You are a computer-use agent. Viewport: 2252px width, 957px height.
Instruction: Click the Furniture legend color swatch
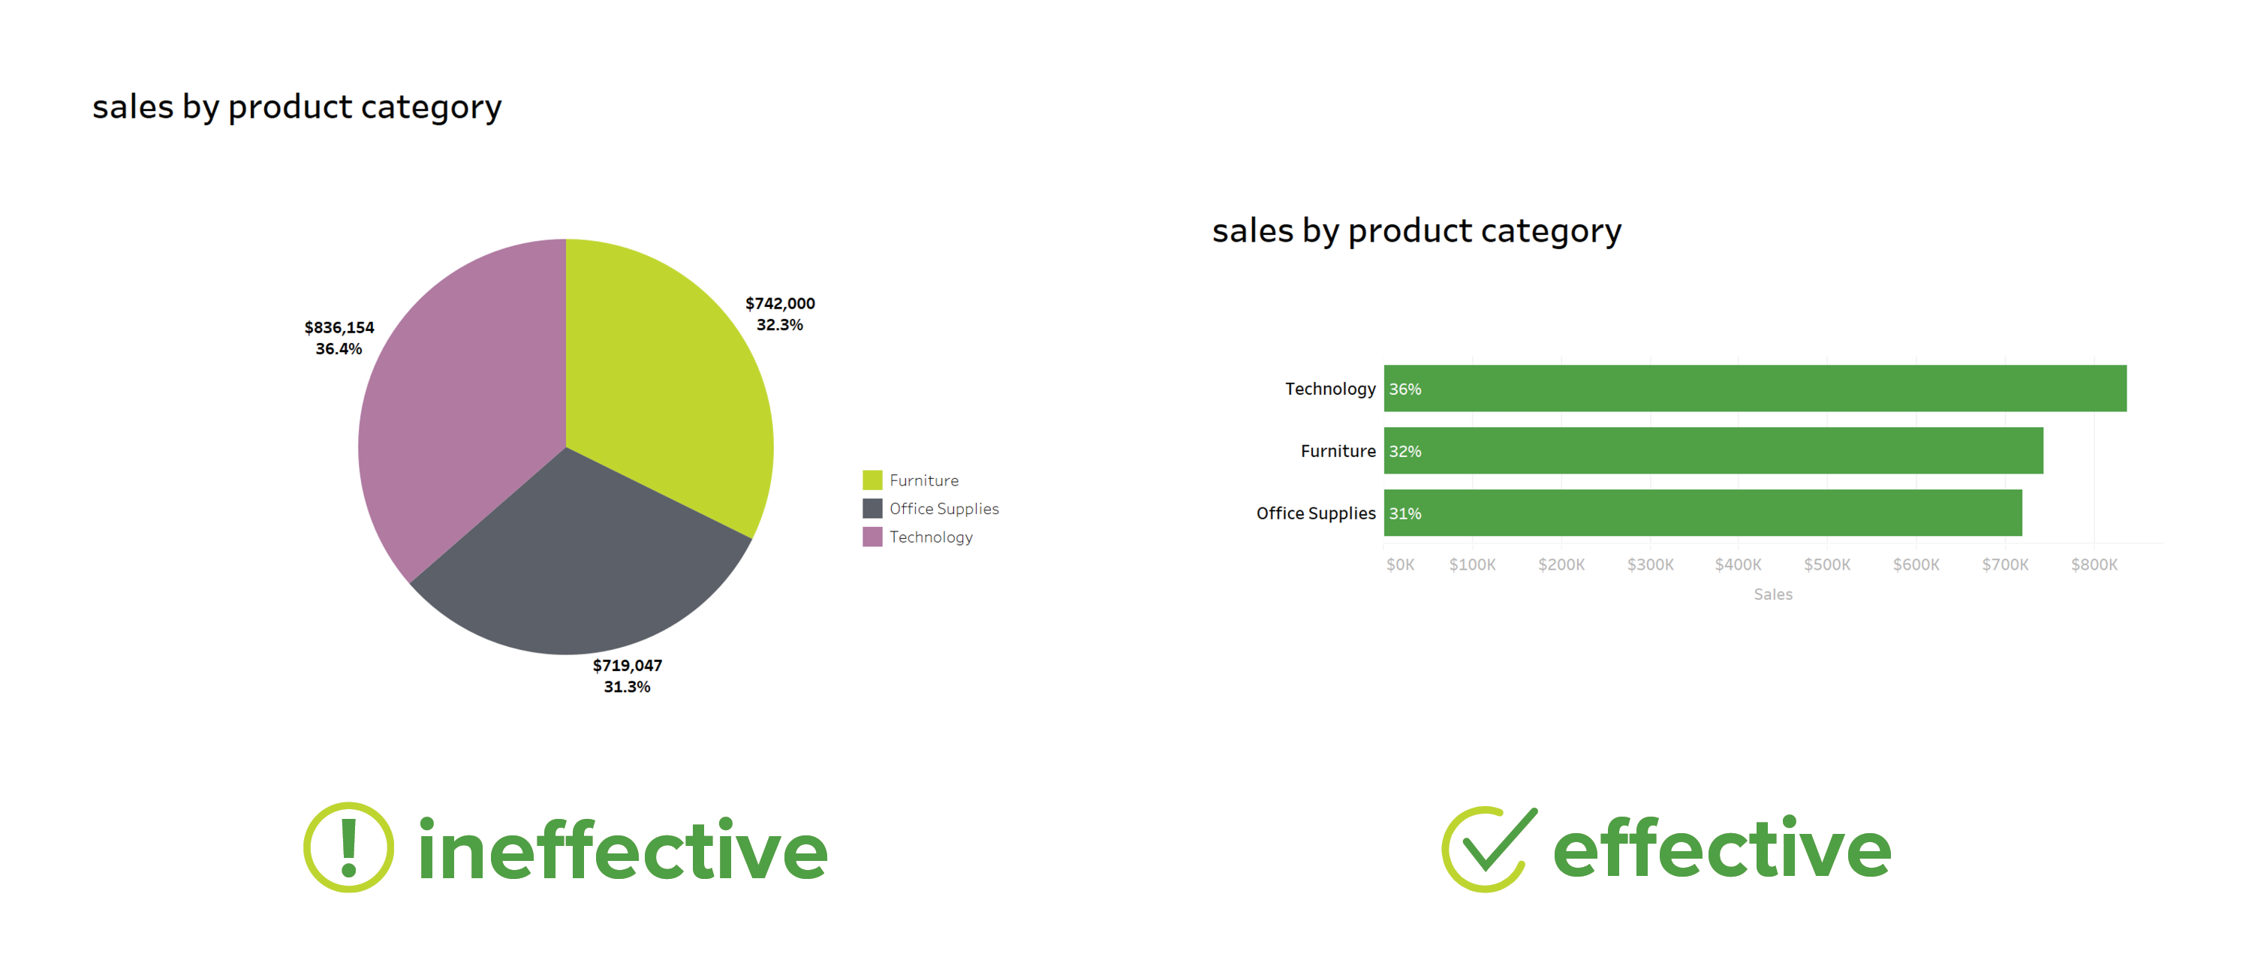point(872,480)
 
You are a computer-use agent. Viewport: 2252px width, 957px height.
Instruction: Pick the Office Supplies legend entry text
point(944,509)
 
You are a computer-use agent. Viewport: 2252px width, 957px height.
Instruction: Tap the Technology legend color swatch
point(872,537)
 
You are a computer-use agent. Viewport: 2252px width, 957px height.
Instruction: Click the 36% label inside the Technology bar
point(1405,389)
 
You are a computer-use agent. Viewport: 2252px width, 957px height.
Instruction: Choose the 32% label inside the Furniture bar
point(1405,451)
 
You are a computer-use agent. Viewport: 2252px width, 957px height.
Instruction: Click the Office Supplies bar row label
point(1315,513)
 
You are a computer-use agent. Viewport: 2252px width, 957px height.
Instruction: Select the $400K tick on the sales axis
point(1737,564)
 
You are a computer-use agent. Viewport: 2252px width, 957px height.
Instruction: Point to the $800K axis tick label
point(2093,564)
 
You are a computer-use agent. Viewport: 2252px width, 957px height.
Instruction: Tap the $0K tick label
point(1400,564)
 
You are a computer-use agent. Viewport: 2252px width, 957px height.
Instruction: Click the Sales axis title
point(1772,594)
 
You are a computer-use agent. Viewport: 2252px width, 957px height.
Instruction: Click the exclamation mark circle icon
point(348,847)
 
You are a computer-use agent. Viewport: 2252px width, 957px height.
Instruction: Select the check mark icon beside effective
point(1487,847)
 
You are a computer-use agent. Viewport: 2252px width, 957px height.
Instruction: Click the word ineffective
point(622,850)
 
